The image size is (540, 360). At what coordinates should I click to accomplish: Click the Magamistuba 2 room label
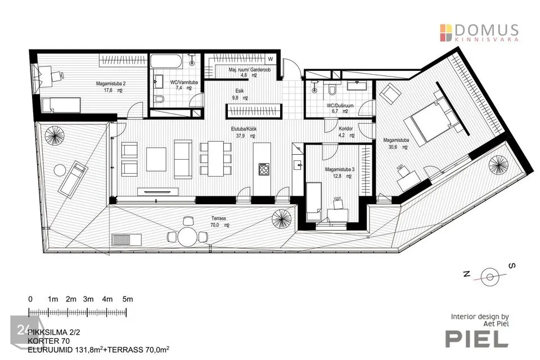click(x=111, y=84)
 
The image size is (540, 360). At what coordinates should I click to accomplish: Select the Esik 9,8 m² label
click(x=240, y=94)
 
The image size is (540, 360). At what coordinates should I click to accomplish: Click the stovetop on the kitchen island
click(x=264, y=169)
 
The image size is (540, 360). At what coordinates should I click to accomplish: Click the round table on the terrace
click(x=186, y=237)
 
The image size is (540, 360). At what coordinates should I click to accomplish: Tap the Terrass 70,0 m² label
click(x=219, y=222)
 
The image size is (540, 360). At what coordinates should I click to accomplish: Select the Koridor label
click(x=346, y=128)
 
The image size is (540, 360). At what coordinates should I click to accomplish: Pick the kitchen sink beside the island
click(x=298, y=165)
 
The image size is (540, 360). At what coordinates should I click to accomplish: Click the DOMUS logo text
click(x=486, y=30)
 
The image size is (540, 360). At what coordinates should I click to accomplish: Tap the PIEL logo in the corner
click(x=477, y=339)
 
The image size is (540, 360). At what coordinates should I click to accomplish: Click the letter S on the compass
click(x=512, y=265)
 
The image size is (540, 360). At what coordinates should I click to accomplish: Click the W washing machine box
click(x=271, y=59)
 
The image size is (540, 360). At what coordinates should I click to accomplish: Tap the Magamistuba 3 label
click(x=340, y=169)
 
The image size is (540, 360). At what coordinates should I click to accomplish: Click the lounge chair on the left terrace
click(x=73, y=179)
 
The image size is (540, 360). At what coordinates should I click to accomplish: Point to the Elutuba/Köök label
click(x=244, y=129)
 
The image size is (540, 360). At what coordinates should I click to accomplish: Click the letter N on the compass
click(x=467, y=274)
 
